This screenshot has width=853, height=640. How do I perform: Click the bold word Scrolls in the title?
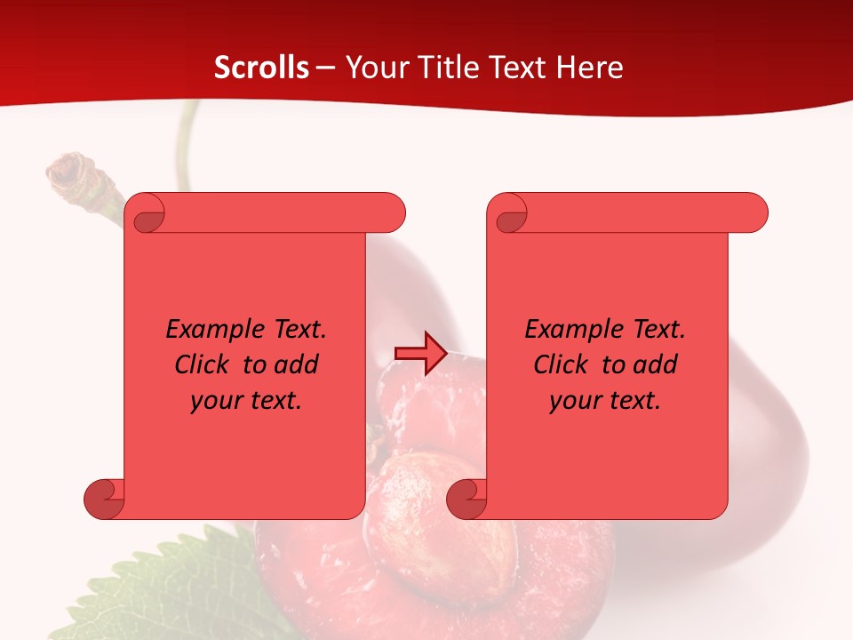[x=261, y=68]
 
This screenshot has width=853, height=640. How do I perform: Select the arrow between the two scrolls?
[x=419, y=354]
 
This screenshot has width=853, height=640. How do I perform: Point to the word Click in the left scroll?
[x=204, y=364]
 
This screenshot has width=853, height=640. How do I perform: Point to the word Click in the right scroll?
[x=563, y=364]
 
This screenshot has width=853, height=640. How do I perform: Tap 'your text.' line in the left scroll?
[x=246, y=401]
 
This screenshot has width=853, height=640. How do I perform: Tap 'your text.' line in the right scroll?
[x=605, y=401]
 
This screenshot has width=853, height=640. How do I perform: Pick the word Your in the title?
[x=372, y=68]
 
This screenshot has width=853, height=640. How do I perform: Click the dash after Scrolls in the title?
[x=325, y=68]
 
